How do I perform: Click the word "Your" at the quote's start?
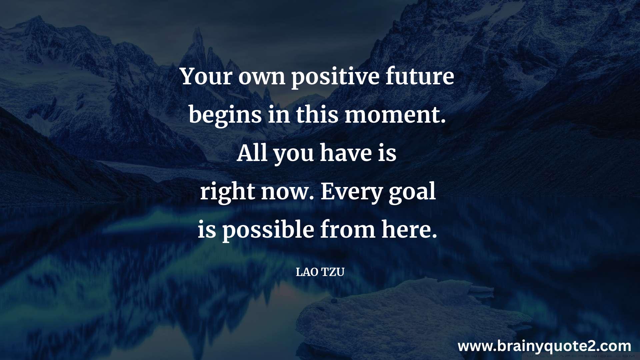(206, 76)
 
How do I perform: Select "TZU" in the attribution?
(333, 272)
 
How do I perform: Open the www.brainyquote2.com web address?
(544, 347)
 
